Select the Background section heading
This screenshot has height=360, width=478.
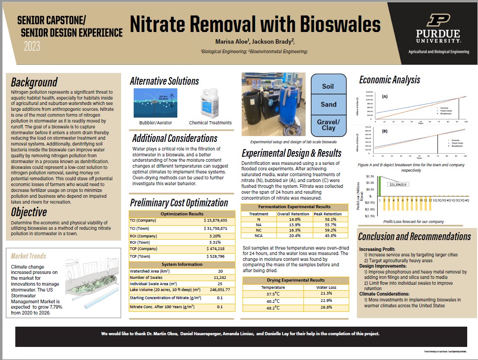point(34,82)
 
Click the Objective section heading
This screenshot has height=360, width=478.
point(29,212)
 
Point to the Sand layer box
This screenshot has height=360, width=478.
point(329,105)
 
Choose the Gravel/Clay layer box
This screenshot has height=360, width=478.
point(329,125)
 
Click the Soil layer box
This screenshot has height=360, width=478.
point(329,86)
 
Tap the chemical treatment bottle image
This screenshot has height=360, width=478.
point(210,103)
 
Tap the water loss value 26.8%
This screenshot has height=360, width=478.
point(323,308)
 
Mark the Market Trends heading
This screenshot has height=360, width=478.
point(28,256)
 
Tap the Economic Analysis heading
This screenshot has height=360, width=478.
point(389,80)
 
